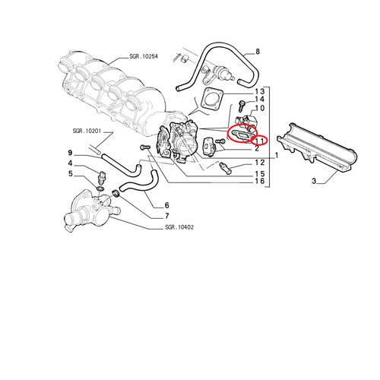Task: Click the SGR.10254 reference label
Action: pyautogui.click(x=144, y=56)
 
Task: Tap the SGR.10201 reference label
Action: pyautogui.click(x=87, y=131)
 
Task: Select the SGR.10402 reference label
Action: pyautogui.click(x=179, y=227)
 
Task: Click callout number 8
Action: pyautogui.click(x=258, y=52)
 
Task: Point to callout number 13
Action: pyautogui.click(x=260, y=91)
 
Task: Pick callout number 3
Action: pyautogui.click(x=314, y=181)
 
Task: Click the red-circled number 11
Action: pyautogui.click(x=260, y=141)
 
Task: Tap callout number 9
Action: pyautogui.click(x=70, y=153)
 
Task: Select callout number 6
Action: pyautogui.click(x=166, y=205)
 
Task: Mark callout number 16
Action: pyautogui.click(x=260, y=181)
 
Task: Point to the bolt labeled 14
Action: pyautogui.click(x=242, y=106)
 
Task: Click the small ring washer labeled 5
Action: pyautogui.click(x=100, y=188)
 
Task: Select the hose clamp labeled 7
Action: pyautogui.click(x=116, y=194)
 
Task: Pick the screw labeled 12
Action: pyautogui.click(x=224, y=167)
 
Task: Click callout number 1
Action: pyautogui.click(x=277, y=155)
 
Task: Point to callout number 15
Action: pyautogui.click(x=260, y=174)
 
